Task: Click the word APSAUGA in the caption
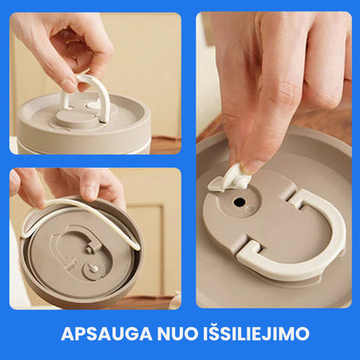pyautogui.click(x=106, y=334)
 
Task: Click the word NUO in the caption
pyautogui.click(x=177, y=334)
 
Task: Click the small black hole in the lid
pyautogui.click(x=239, y=202)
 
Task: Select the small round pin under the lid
pyautogui.click(x=94, y=268)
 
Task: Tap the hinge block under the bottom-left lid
pyautogui.click(x=93, y=247)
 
